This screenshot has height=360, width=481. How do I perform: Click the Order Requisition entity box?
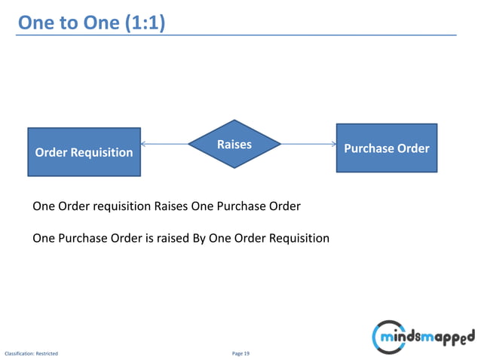click(84, 151)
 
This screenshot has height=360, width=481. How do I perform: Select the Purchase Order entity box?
click(386, 148)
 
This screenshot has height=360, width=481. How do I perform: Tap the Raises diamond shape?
click(234, 144)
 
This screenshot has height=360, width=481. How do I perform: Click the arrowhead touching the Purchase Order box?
click(332, 144)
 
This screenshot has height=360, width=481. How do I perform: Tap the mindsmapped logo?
click(423, 334)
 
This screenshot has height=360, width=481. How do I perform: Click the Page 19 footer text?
click(240, 352)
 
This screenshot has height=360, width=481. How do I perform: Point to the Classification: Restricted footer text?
click(31, 352)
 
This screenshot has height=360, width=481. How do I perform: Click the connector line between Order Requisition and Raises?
click(166, 144)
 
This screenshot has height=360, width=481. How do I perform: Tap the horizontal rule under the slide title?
click(302, 35)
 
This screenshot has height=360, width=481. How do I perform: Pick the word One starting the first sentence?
click(43, 206)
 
